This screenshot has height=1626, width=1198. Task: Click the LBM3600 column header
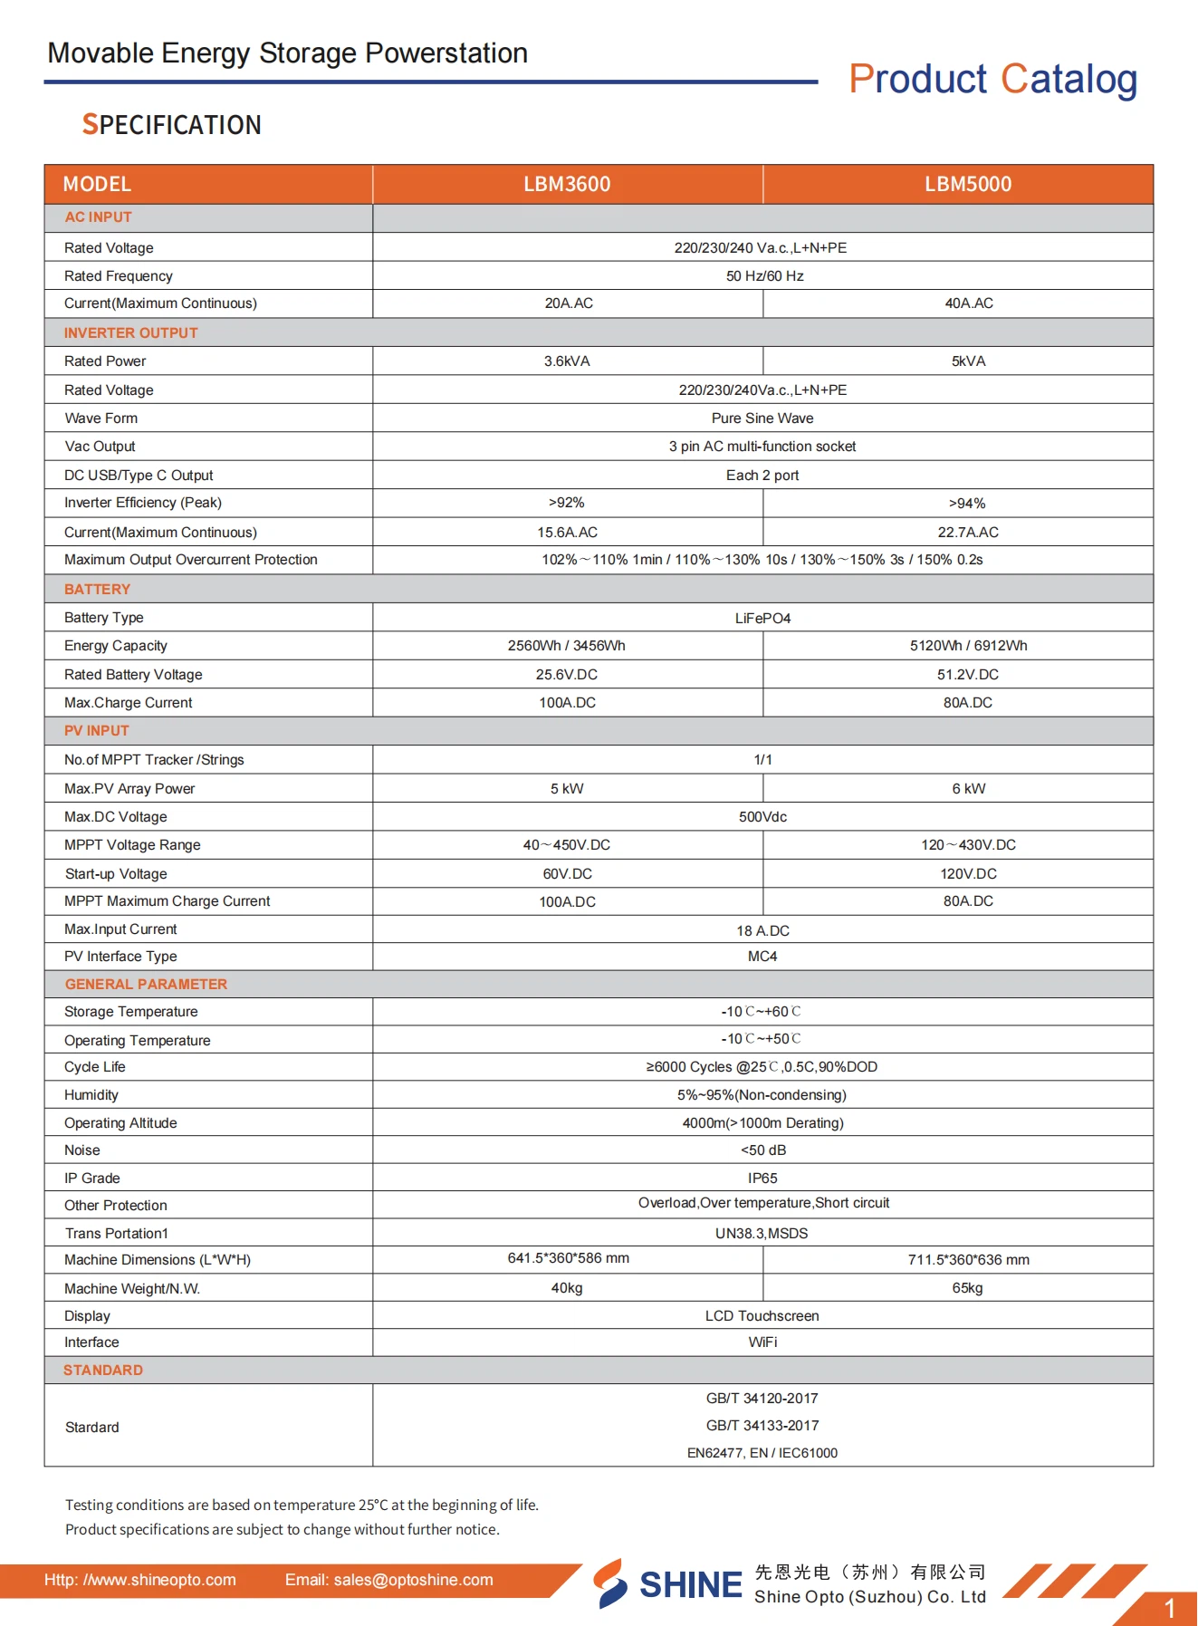(x=567, y=184)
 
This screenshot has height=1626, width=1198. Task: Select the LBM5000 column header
(x=967, y=184)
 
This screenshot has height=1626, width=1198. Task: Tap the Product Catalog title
(x=992, y=79)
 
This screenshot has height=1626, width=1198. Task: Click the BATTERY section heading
(x=97, y=589)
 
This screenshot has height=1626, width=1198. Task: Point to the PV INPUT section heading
(x=96, y=730)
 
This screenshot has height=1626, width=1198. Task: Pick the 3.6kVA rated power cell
(x=567, y=361)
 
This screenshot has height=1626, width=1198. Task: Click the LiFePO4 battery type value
(x=762, y=618)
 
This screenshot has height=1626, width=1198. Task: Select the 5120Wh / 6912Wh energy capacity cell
(x=968, y=645)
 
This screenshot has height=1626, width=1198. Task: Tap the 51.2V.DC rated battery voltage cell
(x=968, y=674)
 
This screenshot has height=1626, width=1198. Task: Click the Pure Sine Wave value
(x=762, y=418)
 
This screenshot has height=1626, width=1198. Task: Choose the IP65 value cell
(x=762, y=1178)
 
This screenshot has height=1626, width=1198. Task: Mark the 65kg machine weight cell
(x=967, y=1287)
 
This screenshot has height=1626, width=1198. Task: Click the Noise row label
(x=82, y=1150)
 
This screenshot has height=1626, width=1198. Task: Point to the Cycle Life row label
(x=95, y=1066)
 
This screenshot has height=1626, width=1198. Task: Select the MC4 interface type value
(x=762, y=956)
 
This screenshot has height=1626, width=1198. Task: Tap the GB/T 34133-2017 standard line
(x=762, y=1425)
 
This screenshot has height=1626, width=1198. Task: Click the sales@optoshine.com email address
(x=414, y=1580)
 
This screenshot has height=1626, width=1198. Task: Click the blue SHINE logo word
(x=690, y=1584)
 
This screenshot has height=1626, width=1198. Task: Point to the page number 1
(x=1169, y=1608)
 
